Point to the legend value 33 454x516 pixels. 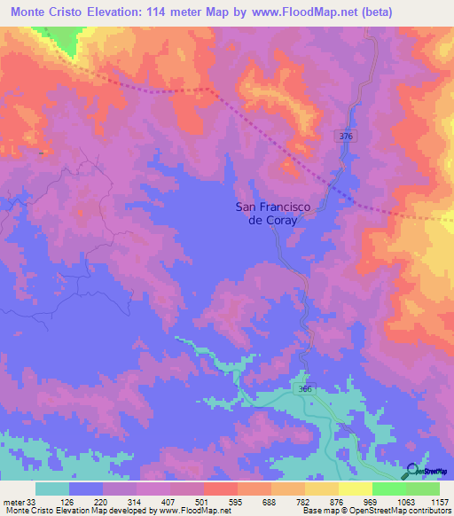[33, 501]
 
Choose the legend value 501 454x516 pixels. [203, 501]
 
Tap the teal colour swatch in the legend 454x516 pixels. [52, 489]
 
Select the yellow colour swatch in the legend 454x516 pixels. [355, 489]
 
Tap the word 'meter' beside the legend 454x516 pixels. [14, 501]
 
